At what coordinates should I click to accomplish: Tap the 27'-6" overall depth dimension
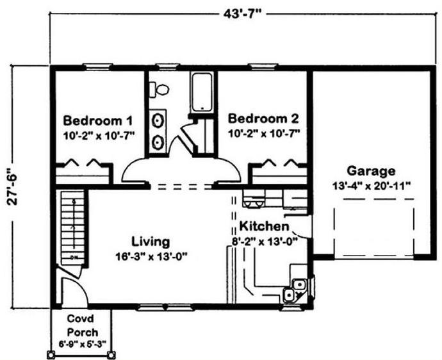click(x=13, y=186)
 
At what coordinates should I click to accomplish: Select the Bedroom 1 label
click(x=97, y=121)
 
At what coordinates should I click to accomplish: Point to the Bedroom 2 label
click(x=263, y=119)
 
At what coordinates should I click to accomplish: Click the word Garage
click(x=371, y=171)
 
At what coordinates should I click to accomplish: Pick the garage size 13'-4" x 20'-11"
click(x=372, y=186)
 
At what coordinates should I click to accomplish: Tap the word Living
click(x=151, y=242)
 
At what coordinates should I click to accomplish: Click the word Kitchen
click(x=264, y=226)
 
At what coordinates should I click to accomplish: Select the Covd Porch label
click(x=82, y=325)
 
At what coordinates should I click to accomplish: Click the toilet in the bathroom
click(x=159, y=90)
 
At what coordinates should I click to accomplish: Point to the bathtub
click(x=201, y=92)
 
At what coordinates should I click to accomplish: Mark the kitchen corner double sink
click(x=294, y=290)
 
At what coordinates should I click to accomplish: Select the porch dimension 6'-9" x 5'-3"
click(x=82, y=344)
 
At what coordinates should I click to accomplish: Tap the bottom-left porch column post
click(x=51, y=354)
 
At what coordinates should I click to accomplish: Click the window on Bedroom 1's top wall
click(x=97, y=67)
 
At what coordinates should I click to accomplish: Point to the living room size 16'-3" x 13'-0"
click(x=151, y=257)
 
